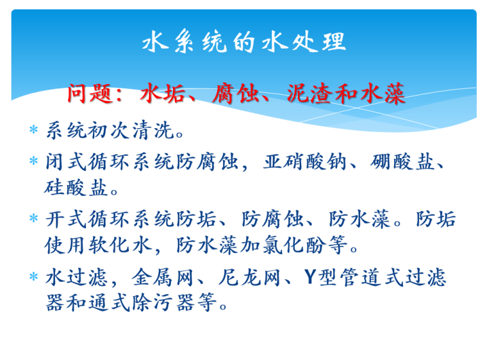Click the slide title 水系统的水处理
244,42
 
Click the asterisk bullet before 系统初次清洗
35,132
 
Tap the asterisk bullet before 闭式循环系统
35,162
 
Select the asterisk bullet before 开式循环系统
35,220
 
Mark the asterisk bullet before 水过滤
35,277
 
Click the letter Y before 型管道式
310,277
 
